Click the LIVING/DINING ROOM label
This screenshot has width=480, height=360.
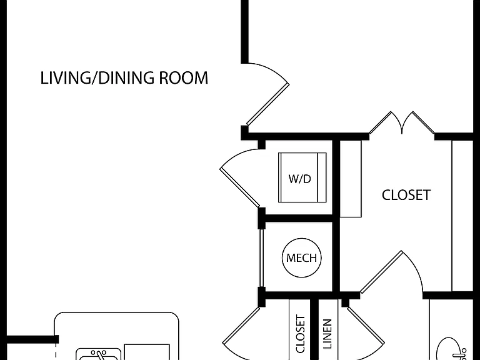click(124, 77)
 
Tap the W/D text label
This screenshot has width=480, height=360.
click(300, 179)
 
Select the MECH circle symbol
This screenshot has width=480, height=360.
click(301, 257)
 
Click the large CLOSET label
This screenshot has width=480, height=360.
click(406, 195)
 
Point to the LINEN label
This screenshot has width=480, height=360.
click(327, 334)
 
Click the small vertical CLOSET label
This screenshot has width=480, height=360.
click(300, 334)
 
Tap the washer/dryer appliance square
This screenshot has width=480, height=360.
click(302, 177)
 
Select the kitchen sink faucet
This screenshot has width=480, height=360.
click(99, 355)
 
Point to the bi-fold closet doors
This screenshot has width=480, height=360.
click(402, 122)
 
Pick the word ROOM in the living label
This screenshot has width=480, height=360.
click(184, 77)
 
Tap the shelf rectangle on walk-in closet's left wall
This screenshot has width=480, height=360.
click(351, 179)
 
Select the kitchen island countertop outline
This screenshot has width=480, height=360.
click(116, 313)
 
